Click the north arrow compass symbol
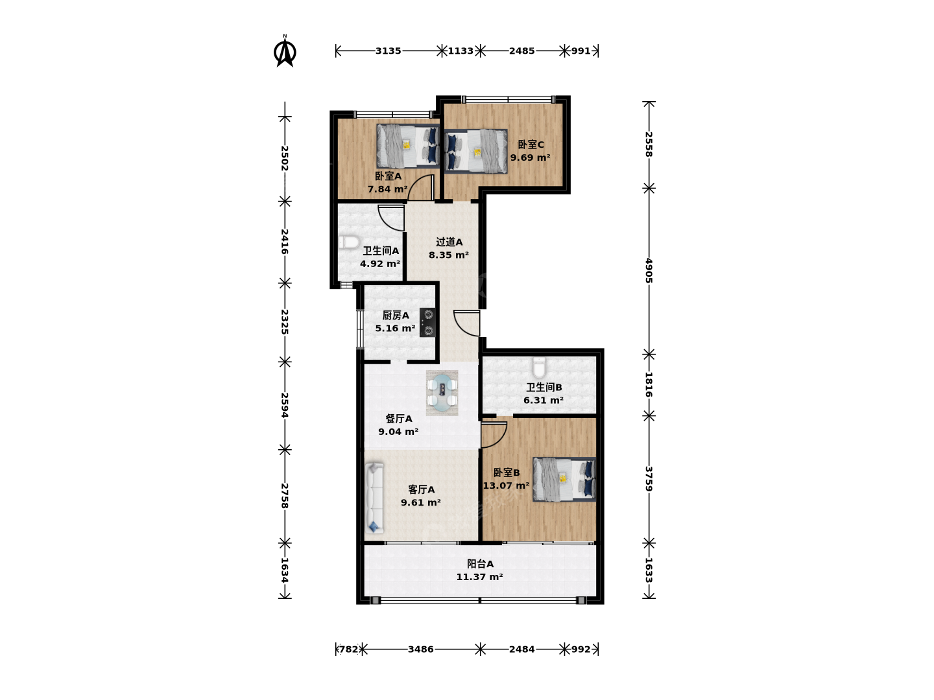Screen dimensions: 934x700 [x=285, y=51]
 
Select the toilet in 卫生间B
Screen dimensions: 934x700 [x=539, y=367]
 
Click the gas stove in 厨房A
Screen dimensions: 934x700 [x=427, y=322]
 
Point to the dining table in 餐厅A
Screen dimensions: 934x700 [x=442, y=392]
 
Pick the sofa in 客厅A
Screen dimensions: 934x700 [x=374, y=498]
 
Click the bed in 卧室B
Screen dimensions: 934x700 [x=564, y=479]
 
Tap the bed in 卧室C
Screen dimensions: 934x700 [x=475, y=151]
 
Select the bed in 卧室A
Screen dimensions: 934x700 [x=408, y=146]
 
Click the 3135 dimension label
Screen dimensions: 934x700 [x=388, y=51]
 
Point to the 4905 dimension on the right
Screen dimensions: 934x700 [x=649, y=270]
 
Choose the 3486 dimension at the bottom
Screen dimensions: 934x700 [x=420, y=649]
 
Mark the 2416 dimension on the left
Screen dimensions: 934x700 [x=285, y=241]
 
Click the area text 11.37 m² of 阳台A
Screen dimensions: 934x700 [x=479, y=577]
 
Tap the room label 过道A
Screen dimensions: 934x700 [x=449, y=242]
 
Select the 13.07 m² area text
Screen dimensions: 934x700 [x=506, y=485]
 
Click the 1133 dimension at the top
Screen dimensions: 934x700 [x=461, y=51]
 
